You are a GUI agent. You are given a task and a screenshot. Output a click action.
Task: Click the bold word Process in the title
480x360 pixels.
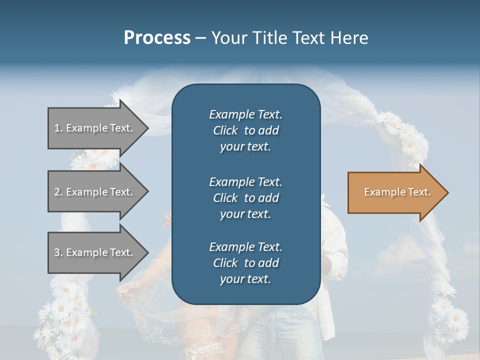(x=157, y=38)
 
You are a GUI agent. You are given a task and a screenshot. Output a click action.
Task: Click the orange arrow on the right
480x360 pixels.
(x=395, y=192)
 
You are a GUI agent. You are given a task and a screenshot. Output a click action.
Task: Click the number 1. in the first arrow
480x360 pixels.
(x=58, y=128)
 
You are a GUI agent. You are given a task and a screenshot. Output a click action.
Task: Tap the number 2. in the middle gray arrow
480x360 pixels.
(x=58, y=192)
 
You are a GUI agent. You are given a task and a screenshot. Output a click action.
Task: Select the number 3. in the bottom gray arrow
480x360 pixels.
(x=58, y=252)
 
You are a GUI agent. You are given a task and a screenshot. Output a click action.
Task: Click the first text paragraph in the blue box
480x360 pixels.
(x=245, y=130)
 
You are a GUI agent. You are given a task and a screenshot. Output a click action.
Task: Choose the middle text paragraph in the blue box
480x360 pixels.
(x=245, y=198)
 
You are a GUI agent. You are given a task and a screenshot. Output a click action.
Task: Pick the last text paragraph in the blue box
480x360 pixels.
(x=245, y=263)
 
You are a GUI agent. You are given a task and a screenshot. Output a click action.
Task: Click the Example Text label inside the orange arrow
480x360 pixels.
(x=397, y=192)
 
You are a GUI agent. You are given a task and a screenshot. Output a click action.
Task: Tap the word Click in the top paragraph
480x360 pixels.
(x=225, y=130)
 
